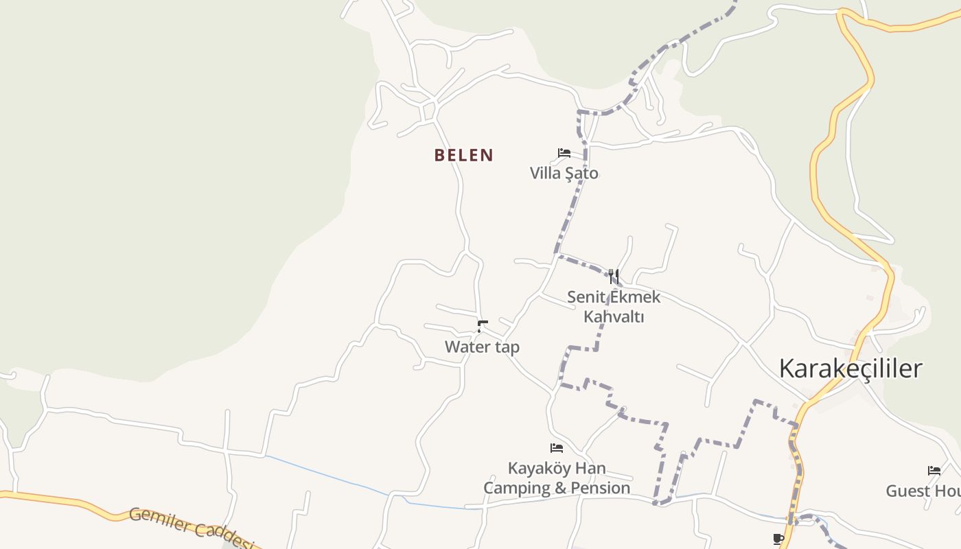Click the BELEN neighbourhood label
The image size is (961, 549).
click(463, 155)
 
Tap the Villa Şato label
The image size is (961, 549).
click(564, 174)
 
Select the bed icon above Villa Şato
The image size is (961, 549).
click(564, 152)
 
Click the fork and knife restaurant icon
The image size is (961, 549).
click(614, 276)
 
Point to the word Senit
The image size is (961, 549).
click(588, 297)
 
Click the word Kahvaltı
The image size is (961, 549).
click(614, 316)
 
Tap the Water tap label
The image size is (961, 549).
click(482, 347)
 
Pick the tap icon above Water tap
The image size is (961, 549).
click(483, 326)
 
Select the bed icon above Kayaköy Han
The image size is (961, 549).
click(557, 448)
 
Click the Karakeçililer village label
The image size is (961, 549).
click(850, 369)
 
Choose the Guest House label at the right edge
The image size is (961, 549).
click(923, 491)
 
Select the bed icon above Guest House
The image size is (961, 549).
click(934, 470)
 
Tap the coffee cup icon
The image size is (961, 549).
click(778, 539)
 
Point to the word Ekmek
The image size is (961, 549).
click(634, 297)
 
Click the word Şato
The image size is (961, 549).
click(581, 174)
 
